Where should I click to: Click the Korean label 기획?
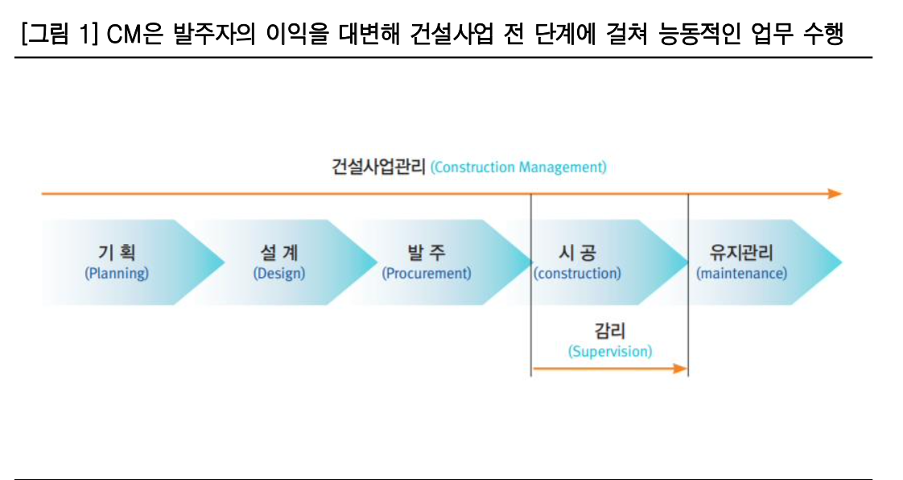117,254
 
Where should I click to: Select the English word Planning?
117,274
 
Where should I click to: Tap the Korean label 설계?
279,254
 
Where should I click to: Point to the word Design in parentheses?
279,274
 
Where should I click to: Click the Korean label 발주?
426,254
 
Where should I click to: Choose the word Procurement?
426,274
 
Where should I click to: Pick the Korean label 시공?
577,254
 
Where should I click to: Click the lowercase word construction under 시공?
577,274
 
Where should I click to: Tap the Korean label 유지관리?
741,254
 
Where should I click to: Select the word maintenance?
741,274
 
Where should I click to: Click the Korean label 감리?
609,331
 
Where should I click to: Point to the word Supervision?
609,352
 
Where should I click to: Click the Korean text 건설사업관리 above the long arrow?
378,168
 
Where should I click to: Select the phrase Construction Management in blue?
518,168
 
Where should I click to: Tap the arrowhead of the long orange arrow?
835,194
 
